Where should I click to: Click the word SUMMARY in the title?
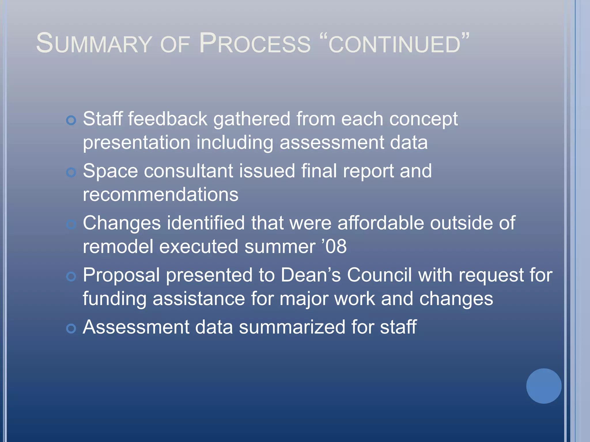coord(94,44)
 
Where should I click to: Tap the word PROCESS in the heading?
coord(255,44)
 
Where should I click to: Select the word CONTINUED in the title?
coord(395,45)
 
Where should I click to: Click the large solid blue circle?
coord(544,386)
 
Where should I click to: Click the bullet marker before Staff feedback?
coord(71,120)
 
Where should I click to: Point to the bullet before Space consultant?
coord(71,172)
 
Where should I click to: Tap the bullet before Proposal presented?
coord(71,277)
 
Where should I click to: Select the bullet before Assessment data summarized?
coord(71,328)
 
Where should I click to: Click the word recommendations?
coord(160,195)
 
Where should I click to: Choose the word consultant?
coord(188,171)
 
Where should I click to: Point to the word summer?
coord(280,247)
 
